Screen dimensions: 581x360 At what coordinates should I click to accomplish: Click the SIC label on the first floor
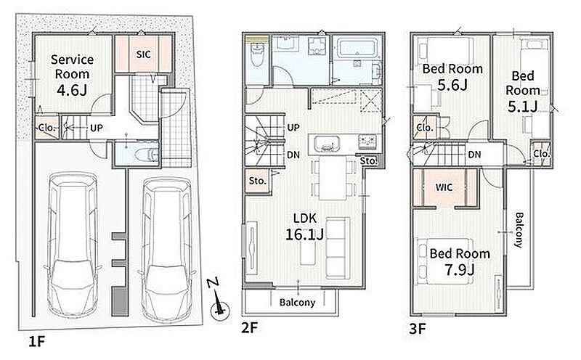coord(143,54)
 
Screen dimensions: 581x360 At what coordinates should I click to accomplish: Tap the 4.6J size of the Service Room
coord(72,89)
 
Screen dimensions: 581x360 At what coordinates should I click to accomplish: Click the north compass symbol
coord(219,300)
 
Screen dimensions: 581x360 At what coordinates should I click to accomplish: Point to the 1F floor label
coord(37,341)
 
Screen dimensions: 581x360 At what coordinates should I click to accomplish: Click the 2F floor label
coord(249,328)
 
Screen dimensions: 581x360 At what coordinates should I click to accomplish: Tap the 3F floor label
coord(418,329)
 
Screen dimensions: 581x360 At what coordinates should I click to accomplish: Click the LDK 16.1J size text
coord(304,234)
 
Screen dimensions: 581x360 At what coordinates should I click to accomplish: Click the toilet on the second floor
coord(256,55)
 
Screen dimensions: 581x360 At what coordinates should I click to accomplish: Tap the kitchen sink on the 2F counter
coord(326,143)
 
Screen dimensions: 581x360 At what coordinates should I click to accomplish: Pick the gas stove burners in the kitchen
coord(367,141)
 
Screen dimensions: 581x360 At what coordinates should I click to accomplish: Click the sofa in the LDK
coord(338,247)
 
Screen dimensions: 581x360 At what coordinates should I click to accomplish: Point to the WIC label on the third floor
coord(444,187)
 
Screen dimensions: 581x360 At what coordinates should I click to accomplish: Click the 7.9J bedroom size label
coord(460,270)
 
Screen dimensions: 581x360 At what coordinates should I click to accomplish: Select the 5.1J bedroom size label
coord(522,107)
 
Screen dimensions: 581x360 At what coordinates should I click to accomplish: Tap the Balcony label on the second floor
coord(297,302)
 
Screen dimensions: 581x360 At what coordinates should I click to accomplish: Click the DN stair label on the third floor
coord(474,155)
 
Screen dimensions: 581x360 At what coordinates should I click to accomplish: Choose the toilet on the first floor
coord(146,154)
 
